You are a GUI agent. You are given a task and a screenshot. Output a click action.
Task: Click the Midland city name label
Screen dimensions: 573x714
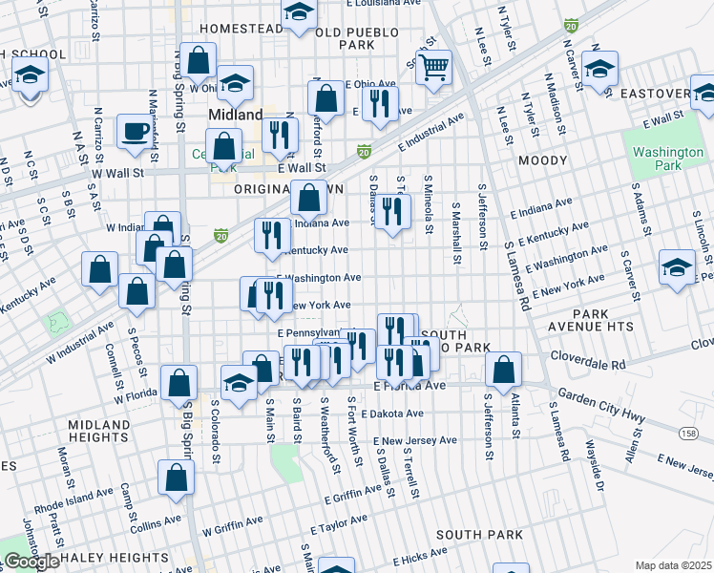pos(235,115)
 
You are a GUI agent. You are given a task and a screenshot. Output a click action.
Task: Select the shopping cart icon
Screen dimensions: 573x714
pos(434,68)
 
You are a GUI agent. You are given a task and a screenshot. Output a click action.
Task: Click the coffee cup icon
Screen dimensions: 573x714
pos(135,130)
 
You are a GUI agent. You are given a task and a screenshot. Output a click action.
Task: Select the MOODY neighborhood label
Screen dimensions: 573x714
pos(542,161)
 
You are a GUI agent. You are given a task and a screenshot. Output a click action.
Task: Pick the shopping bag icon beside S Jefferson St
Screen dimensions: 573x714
pos(503,370)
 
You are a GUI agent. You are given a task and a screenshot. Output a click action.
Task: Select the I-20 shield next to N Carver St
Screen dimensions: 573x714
pos(571,25)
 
